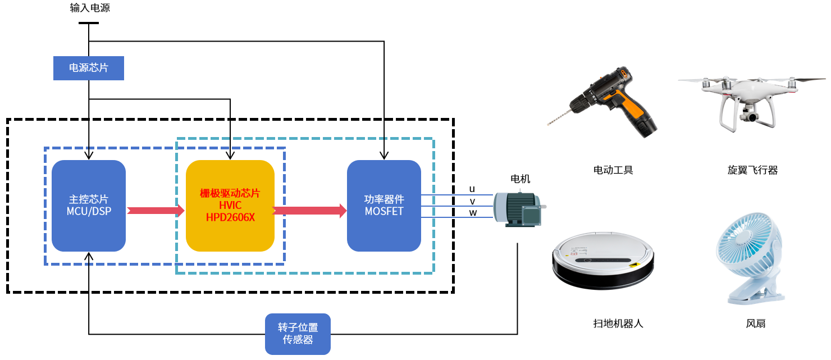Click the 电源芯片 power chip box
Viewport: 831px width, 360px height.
coord(89,68)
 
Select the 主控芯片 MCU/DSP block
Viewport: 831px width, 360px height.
coord(89,206)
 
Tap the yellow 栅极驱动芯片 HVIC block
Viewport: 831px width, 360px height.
coord(230,206)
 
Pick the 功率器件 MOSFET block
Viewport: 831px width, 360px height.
coord(384,206)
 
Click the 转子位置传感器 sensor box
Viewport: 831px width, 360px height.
coord(298,334)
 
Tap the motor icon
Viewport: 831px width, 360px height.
coord(517,209)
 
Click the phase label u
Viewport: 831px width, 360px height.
coord(472,189)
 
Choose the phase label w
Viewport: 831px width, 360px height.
coord(473,213)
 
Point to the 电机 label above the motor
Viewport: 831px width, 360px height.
coord(520,179)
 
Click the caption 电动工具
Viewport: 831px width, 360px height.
coord(613,170)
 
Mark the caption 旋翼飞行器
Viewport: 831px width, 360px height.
coord(752,170)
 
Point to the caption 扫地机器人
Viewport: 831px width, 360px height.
coord(618,323)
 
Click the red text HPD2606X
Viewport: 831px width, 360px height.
coord(230,217)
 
